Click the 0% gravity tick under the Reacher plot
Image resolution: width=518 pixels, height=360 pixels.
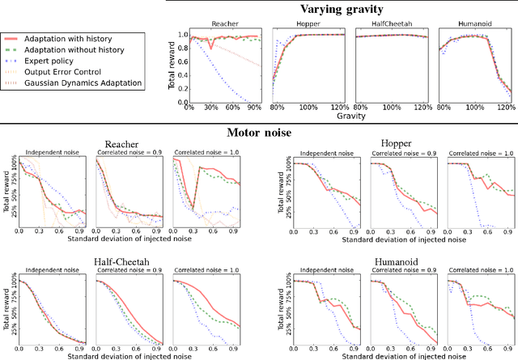(189, 109)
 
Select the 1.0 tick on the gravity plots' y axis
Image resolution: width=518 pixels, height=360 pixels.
(182, 35)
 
